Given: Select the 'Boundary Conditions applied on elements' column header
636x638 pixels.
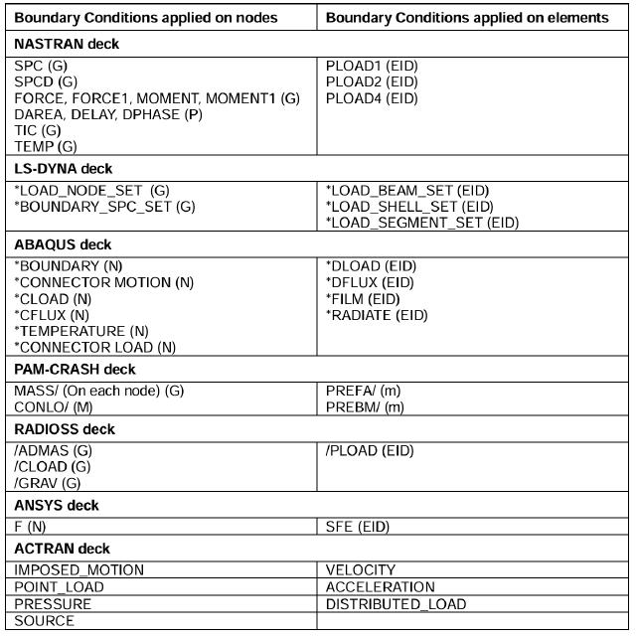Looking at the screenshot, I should coord(467,18).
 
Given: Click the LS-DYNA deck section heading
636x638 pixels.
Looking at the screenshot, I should coord(63,168).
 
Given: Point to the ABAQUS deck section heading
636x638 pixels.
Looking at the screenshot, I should coord(62,244).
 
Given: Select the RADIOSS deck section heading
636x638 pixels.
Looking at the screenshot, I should coord(65,429).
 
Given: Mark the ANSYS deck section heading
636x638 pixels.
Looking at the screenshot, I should coord(57,506).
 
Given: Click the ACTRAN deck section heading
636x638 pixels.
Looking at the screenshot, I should coord(62,549).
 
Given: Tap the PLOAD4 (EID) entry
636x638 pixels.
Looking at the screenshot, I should coord(372,98).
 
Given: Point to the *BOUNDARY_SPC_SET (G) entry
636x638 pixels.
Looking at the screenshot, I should coord(104,207).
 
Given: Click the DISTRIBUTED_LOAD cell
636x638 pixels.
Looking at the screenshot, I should coord(396,604).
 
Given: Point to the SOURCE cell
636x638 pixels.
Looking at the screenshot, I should coord(45,621).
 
